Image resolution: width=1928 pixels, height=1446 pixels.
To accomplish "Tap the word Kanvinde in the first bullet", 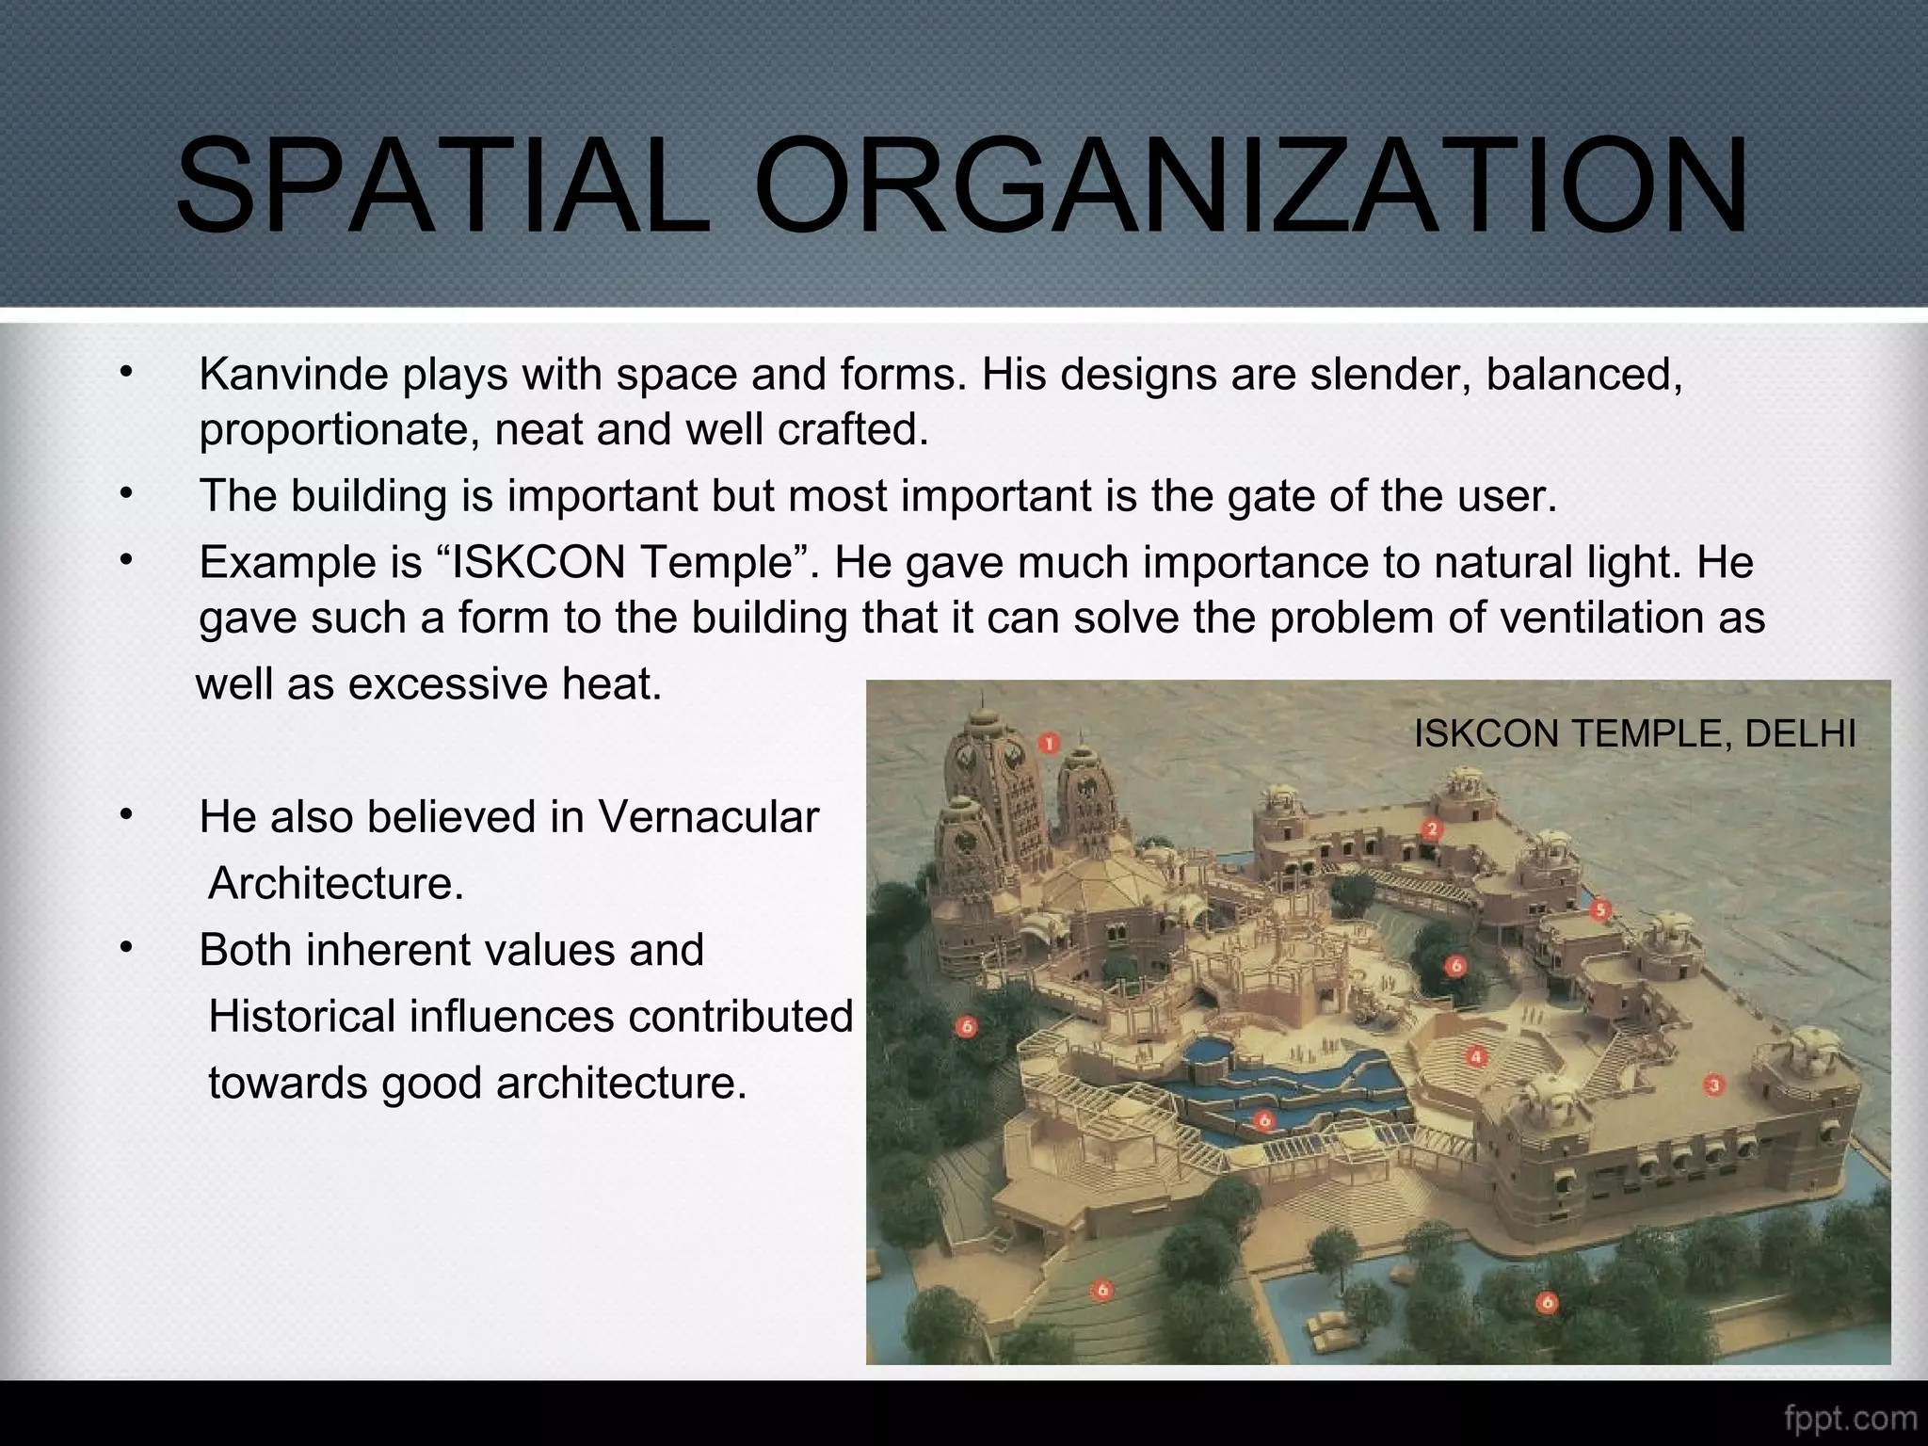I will pyautogui.click(x=294, y=375).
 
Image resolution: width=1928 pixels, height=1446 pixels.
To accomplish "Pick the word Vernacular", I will pyautogui.click(x=708, y=817).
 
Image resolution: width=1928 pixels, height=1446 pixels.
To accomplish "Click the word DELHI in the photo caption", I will pyautogui.click(x=1800, y=733).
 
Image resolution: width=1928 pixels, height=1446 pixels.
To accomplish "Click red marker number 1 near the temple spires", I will pyautogui.click(x=1049, y=744).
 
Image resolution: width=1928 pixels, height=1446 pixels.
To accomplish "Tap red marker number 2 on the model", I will pyautogui.click(x=1432, y=829).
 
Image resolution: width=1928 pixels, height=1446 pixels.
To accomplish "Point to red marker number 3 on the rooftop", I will pyautogui.click(x=1713, y=1085).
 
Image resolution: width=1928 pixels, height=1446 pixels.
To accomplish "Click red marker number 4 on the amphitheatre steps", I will pyautogui.click(x=1476, y=1057).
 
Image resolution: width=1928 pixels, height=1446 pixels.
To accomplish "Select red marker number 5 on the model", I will pyautogui.click(x=1600, y=910).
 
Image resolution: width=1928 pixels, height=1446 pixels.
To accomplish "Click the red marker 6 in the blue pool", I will pyautogui.click(x=1263, y=1120).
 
